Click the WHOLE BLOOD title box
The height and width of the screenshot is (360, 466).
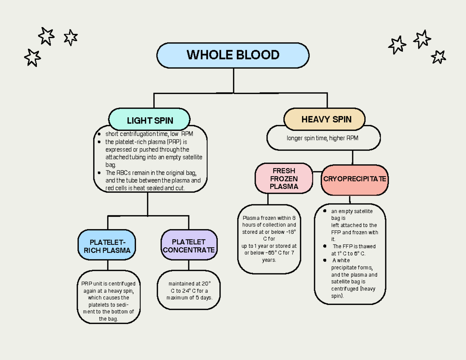point(233,55)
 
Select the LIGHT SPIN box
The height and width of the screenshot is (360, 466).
point(150,120)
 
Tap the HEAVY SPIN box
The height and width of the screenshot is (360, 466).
point(326,119)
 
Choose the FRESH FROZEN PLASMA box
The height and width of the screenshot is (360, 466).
point(283,179)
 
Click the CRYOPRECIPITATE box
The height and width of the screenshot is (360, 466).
point(355,179)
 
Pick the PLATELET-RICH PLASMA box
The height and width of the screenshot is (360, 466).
point(107,247)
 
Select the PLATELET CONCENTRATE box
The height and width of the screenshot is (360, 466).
point(189,246)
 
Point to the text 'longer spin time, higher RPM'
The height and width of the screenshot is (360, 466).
point(322,138)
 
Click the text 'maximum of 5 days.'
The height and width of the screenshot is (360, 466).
point(189,298)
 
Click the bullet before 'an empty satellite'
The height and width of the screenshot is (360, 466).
point(325,211)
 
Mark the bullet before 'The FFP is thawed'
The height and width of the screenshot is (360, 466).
point(325,246)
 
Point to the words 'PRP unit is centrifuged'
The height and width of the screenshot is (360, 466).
point(108,283)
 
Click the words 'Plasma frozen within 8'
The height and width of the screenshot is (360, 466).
point(269,218)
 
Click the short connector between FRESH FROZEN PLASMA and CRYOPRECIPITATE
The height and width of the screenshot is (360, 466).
point(317,171)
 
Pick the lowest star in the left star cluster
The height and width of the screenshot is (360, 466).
point(32,57)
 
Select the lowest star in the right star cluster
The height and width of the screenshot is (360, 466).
point(438,57)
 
